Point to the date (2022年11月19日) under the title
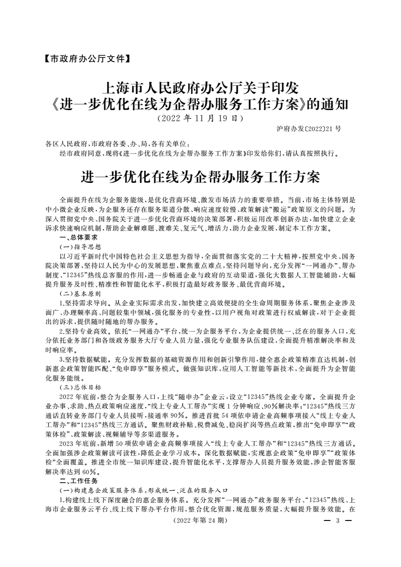click(x=200, y=119)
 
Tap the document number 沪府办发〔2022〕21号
click(x=309, y=129)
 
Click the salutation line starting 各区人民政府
click(x=117, y=144)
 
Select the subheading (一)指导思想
click(x=81, y=246)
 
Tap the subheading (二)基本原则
click(x=81, y=293)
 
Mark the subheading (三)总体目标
click(x=81, y=388)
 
